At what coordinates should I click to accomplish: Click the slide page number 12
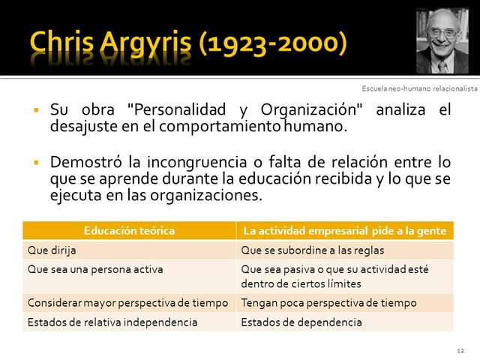click(x=460, y=350)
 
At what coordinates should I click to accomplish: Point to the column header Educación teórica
click(x=129, y=231)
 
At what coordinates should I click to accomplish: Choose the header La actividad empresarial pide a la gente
click(x=344, y=231)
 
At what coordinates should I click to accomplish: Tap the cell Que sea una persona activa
click(x=94, y=268)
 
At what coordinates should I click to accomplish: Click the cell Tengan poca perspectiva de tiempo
click(x=328, y=304)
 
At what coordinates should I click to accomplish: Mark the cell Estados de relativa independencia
click(x=112, y=322)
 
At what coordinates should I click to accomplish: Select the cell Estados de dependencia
click(x=301, y=322)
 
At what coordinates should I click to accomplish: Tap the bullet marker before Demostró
click(x=35, y=162)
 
